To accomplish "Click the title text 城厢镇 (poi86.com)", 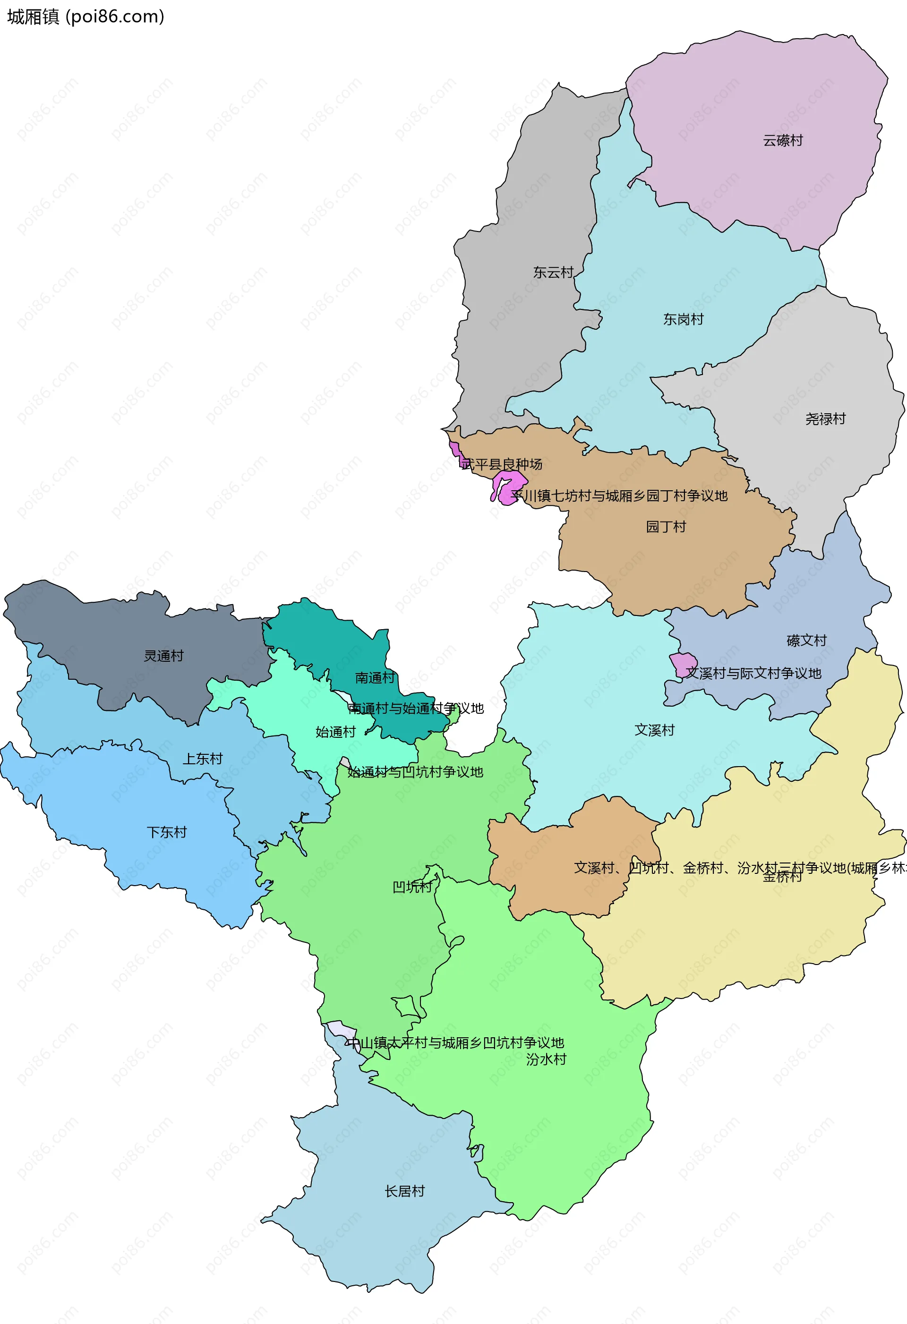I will pos(86,17).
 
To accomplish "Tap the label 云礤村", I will pos(783,141).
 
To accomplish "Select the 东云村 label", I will pos(553,273).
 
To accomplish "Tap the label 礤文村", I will pos(806,641).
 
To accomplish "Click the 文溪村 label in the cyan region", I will pos(654,730).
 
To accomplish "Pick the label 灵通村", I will pos(163,656).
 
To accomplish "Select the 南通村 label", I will pos(374,678).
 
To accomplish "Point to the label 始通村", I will pos(335,732).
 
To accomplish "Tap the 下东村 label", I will pos(166,832).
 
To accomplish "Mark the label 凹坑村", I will pos(412,887).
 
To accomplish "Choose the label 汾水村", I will pos(546,1059).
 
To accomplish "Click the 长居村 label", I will pos(404,1191).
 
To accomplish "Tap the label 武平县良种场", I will pos(501,464).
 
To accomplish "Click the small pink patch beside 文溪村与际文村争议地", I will pos(683,664).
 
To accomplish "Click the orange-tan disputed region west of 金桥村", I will pos(570,854).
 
